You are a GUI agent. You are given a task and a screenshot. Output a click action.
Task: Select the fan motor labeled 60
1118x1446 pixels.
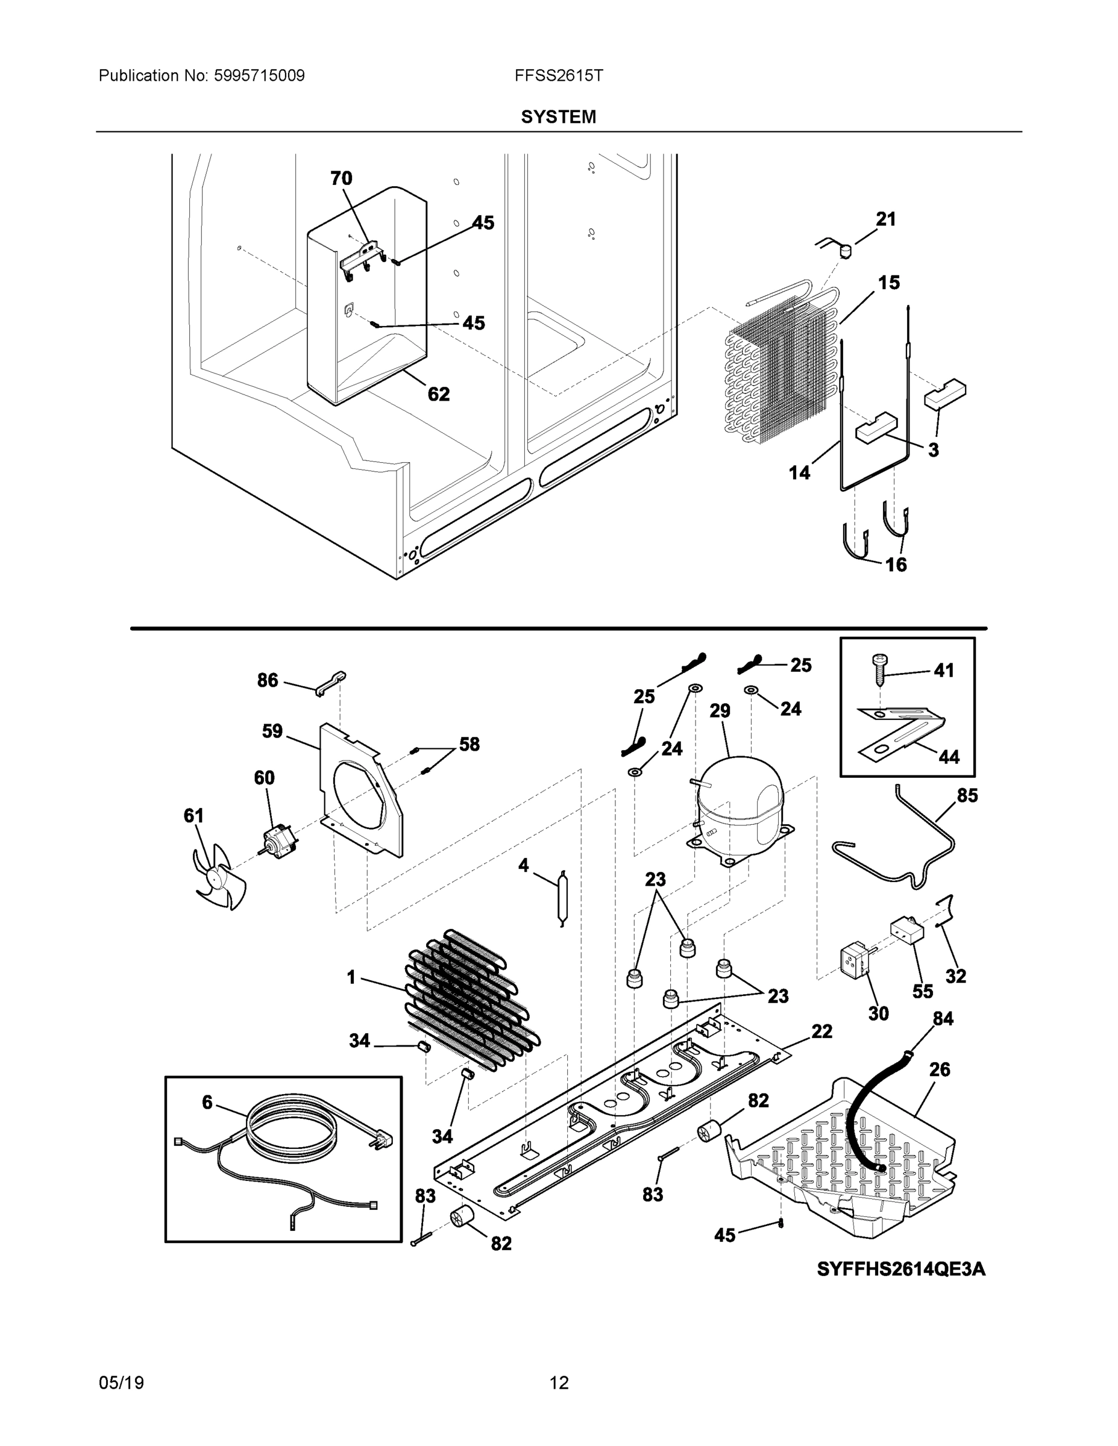[278, 843]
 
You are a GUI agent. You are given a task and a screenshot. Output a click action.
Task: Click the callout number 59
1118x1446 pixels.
[272, 731]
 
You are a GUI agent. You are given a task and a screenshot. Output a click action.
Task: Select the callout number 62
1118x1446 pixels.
[438, 395]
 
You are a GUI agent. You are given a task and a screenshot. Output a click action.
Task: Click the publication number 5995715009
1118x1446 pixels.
[259, 75]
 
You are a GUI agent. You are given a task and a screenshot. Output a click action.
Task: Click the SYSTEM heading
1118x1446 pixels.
[558, 117]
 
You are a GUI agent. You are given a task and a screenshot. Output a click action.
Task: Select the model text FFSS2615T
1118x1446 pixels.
[558, 75]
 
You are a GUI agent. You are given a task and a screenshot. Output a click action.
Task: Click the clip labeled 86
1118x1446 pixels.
[330, 682]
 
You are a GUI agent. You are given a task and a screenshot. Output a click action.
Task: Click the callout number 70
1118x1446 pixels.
[341, 178]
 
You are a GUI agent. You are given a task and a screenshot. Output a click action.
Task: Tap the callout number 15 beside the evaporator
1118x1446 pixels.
[889, 283]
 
